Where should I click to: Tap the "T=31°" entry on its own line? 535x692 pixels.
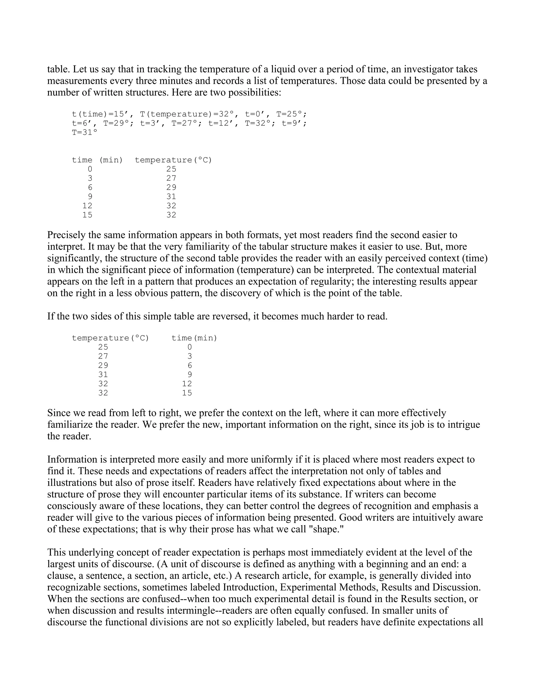click(85, 132)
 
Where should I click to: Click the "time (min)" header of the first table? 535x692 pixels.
click(97, 160)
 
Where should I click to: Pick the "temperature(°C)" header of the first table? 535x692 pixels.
click(173, 160)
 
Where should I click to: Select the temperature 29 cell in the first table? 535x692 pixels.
click(171, 187)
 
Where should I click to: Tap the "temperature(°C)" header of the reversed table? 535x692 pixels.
click(110, 338)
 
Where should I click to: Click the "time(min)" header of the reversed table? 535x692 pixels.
click(194, 338)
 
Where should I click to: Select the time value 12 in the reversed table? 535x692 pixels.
click(187, 384)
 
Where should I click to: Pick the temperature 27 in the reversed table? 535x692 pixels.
click(103, 356)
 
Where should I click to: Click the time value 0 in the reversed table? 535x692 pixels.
click(190, 347)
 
